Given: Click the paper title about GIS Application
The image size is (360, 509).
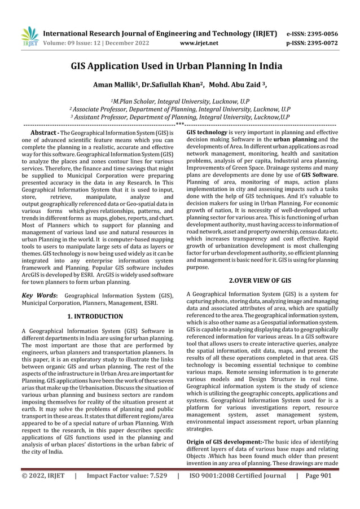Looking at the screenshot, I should [x=179, y=66].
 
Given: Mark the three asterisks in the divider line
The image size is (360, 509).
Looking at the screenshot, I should [x=179, y=124].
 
